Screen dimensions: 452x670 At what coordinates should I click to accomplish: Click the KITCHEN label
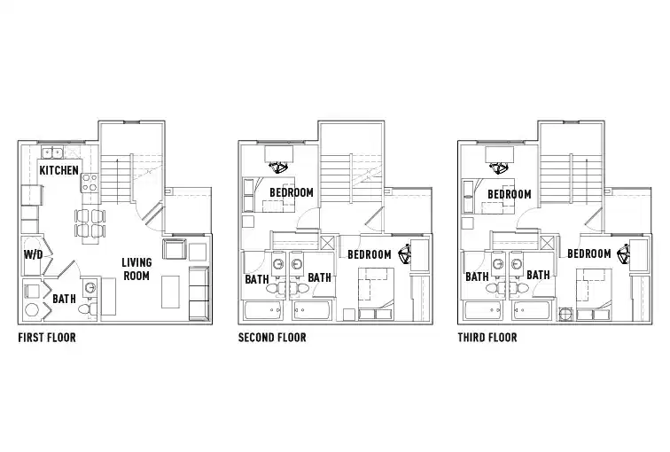(59, 169)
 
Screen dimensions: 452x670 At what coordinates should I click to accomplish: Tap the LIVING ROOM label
(136, 269)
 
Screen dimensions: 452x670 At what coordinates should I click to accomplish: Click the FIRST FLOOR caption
(47, 338)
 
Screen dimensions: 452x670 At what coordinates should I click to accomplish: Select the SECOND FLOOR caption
(272, 338)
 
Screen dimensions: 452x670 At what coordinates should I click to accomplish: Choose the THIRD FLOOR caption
(487, 338)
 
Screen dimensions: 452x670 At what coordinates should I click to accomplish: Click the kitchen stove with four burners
(90, 183)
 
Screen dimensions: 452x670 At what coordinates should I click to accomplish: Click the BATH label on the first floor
(64, 300)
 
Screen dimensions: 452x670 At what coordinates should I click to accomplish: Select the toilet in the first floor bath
(86, 309)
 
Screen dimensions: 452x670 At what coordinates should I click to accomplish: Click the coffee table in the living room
(173, 290)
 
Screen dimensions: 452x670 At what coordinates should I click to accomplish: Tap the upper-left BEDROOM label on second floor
(291, 192)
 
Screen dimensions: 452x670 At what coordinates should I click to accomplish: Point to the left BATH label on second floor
(257, 278)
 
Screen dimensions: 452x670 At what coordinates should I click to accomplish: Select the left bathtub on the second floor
(264, 309)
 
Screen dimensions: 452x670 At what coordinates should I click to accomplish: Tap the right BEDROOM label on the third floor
(589, 254)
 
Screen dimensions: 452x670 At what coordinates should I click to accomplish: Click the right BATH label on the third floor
(538, 276)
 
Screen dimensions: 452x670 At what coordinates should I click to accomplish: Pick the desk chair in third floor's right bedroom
(624, 253)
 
